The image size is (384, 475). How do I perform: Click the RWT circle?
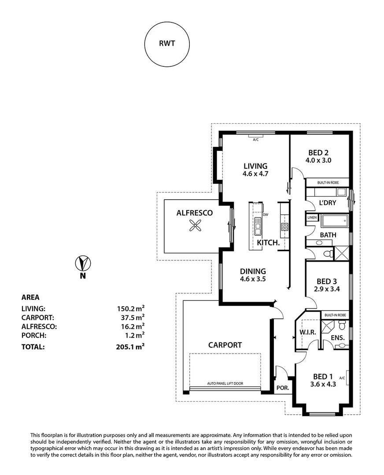(x=167, y=44)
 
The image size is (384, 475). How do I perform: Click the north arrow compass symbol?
(x=82, y=263)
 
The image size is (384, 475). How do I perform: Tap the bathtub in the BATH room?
(x=334, y=221)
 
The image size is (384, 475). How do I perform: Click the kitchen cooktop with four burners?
(x=284, y=227)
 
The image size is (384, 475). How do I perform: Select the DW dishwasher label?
(x=265, y=215)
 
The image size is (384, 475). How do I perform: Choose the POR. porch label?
(x=282, y=388)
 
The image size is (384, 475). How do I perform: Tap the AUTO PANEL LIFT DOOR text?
(x=225, y=384)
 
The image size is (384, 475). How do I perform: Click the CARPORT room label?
(x=225, y=345)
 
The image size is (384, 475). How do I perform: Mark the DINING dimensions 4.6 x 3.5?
(x=253, y=279)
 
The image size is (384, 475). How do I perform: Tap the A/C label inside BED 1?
(x=342, y=378)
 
